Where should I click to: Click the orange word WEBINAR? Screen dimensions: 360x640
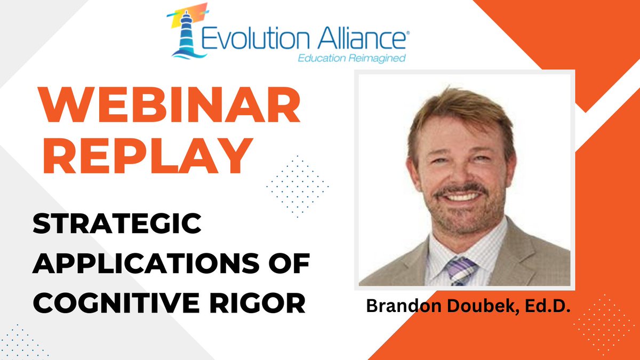(x=167, y=108)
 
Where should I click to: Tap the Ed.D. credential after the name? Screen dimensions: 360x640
(x=539, y=306)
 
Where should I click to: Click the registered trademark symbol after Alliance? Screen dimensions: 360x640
(x=408, y=33)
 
